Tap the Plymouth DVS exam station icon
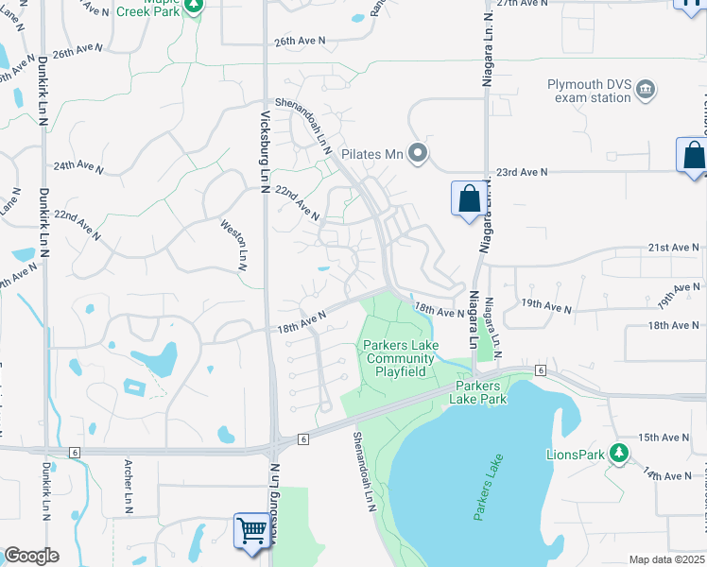click(x=647, y=91)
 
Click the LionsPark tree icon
click(x=619, y=455)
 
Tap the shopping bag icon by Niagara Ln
click(x=469, y=199)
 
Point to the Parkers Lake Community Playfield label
click(x=400, y=358)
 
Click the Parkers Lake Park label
click(x=481, y=392)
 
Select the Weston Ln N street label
click(x=232, y=245)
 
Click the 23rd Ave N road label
click(x=522, y=172)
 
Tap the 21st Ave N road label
click(x=672, y=248)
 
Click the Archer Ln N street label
click(x=128, y=487)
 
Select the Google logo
click(x=31, y=556)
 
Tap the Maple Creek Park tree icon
click(x=193, y=5)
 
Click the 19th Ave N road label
click(x=547, y=308)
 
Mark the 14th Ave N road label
click(x=669, y=474)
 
